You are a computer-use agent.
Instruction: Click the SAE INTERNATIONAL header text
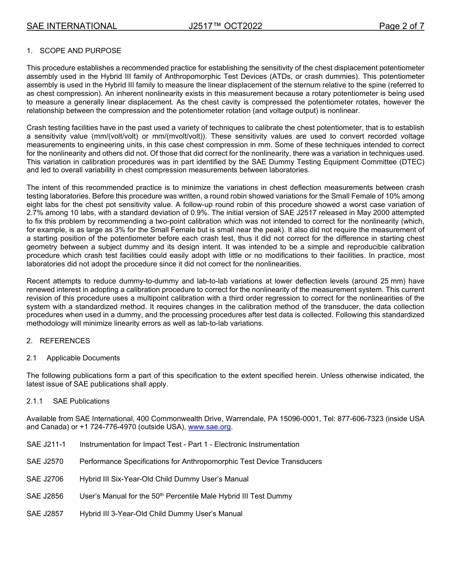pyautogui.click(x=72, y=26)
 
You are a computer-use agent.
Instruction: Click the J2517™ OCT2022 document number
pyautogui.click(x=225, y=26)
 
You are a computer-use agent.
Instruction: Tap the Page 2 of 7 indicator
pyautogui.click(x=401, y=26)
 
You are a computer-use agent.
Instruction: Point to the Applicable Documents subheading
pyautogui.click(x=83, y=358)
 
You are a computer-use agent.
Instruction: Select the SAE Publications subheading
pyautogui.click(x=81, y=401)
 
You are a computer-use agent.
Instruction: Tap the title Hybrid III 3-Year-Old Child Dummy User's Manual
pyautogui.click(x=161, y=514)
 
